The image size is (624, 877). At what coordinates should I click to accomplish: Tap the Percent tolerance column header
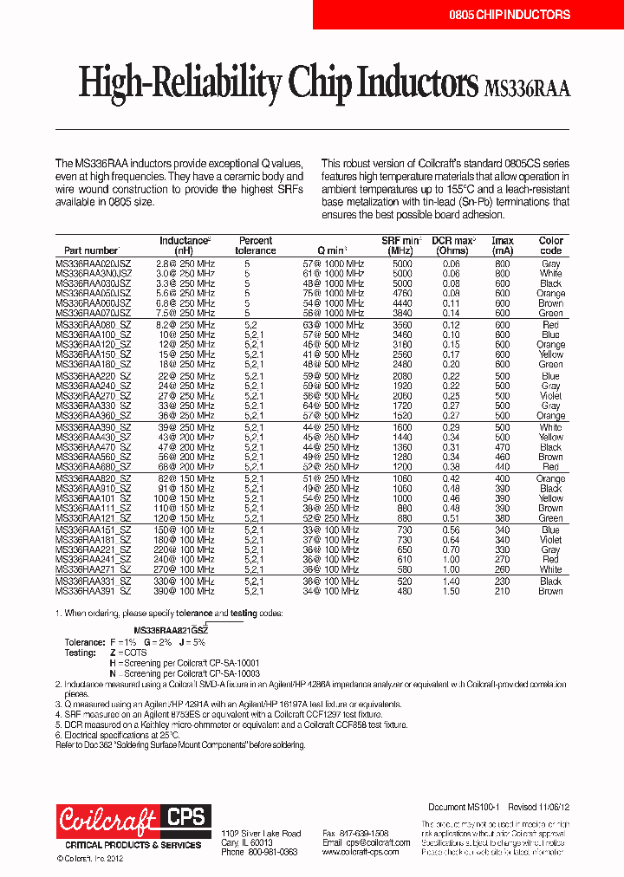[256, 245]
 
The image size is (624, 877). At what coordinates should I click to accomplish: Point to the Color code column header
[551, 245]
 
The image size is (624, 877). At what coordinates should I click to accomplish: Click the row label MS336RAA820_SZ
[94, 478]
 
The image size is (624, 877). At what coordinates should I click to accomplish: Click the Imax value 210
[503, 591]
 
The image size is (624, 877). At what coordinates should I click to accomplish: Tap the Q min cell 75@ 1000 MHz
[334, 294]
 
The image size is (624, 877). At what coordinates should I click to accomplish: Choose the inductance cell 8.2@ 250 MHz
[185, 324]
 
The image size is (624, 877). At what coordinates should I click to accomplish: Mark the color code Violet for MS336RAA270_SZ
[551, 396]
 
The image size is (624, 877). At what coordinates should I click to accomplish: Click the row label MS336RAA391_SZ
[94, 591]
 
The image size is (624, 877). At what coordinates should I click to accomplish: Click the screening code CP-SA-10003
[234, 672]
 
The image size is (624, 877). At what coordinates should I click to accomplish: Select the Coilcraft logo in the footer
[108, 819]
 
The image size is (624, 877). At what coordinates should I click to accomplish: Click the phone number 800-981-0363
[273, 852]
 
